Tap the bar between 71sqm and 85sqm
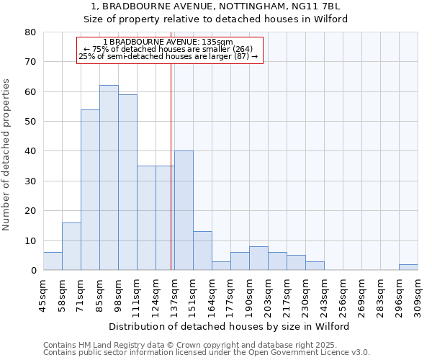pyautogui.click(x=90, y=190)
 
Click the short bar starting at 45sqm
pyautogui.click(x=53, y=261)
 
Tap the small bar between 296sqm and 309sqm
pyautogui.click(x=408, y=267)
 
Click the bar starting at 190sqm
pyautogui.click(x=258, y=258)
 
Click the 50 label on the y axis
pyautogui.click(x=30, y=122)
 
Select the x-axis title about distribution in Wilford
pyautogui.click(x=230, y=326)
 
